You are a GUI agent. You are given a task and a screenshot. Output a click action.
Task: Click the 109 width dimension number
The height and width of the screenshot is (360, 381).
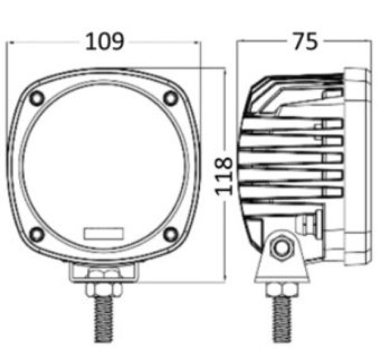pos(105,41)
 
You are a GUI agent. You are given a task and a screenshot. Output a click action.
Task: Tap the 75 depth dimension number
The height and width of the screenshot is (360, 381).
pos(305,41)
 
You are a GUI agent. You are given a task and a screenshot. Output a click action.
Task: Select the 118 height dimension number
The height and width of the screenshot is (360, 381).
pos(224,176)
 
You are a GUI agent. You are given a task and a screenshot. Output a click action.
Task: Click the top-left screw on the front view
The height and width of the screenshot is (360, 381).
pos(37,98)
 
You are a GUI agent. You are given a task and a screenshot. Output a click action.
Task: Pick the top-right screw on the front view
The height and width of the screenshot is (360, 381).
pos(171,98)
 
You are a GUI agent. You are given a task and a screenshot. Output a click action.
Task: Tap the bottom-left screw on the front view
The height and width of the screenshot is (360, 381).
pos(37,234)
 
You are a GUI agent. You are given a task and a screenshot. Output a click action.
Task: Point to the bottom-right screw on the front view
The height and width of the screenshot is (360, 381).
pos(171,234)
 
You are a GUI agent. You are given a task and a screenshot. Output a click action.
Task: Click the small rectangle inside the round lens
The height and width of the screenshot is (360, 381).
pos(104,234)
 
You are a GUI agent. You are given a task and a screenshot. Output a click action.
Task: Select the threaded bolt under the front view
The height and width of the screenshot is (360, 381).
pos(104,319)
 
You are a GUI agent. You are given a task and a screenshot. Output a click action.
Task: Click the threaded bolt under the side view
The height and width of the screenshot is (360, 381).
pos(282,319)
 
